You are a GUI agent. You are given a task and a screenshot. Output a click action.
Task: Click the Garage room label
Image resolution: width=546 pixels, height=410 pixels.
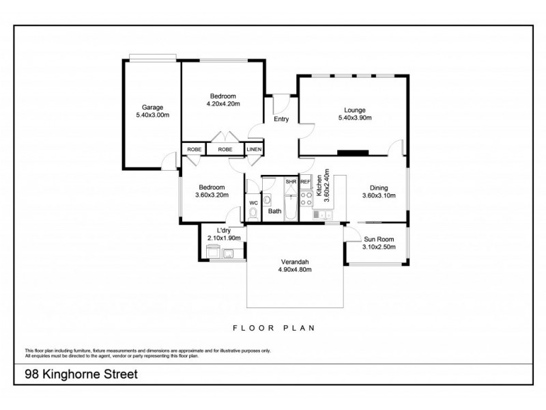pyautogui.click(x=152, y=107)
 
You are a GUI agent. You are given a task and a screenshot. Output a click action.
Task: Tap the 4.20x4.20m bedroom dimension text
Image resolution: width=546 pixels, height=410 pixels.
pyautogui.click(x=222, y=104)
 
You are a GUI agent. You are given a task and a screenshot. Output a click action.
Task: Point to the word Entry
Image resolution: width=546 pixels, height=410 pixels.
pyautogui.click(x=281, y=120)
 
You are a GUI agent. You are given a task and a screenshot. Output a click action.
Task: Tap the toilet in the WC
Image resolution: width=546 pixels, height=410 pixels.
pyautogui.click(x=253, y=213)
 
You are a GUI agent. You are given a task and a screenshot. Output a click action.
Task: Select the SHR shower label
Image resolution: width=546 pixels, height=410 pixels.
pyautogui.click(x=291, y=182)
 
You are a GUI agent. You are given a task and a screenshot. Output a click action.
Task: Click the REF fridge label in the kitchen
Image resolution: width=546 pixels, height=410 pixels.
pyautogui.click(x=305, y=182)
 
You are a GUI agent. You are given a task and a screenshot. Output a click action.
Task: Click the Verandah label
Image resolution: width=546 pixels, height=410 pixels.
pyautogui.click(x=294, y=262)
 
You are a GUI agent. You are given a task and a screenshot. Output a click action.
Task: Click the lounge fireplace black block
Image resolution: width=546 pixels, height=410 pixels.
pyautogui.click(x=354, y=153)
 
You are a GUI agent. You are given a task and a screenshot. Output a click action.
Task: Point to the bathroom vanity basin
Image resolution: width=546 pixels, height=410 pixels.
pyautogui.click(x=268, y=200)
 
